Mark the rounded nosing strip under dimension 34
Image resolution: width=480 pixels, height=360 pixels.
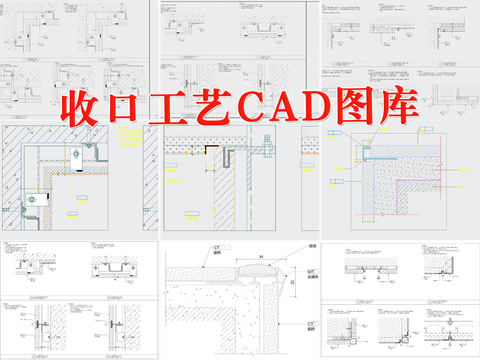click(257, 269)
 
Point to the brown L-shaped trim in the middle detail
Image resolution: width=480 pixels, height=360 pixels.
click(212, 149)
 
